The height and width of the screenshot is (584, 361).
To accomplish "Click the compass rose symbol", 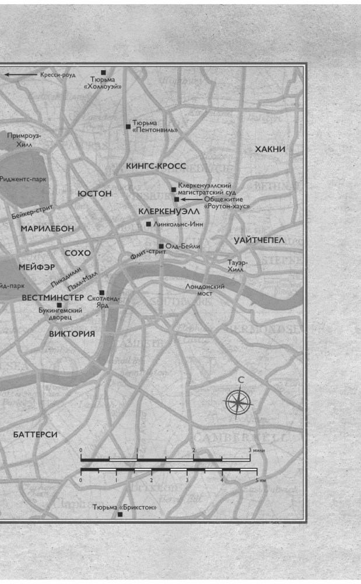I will point(239,401).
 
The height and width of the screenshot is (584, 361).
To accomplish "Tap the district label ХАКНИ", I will point(270,150).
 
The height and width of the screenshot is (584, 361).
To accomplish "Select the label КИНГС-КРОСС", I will point(156,166).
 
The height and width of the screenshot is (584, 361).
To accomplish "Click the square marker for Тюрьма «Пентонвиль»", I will point(128,126).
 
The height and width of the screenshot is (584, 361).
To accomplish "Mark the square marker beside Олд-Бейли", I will point(162,246).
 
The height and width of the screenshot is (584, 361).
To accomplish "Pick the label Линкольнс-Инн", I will point(175,224).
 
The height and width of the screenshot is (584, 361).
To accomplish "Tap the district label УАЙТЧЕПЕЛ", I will point(259,241).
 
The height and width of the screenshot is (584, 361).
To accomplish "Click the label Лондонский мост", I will point(205,290).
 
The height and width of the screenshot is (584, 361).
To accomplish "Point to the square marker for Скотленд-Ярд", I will point(101,293).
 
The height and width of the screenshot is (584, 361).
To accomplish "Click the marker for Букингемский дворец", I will point(59,305).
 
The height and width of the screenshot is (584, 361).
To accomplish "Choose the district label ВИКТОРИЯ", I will point(72,334).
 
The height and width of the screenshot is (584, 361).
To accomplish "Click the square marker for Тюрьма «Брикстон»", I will point(120,515).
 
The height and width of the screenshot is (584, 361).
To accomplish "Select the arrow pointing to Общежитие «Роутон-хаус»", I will point(192,199).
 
